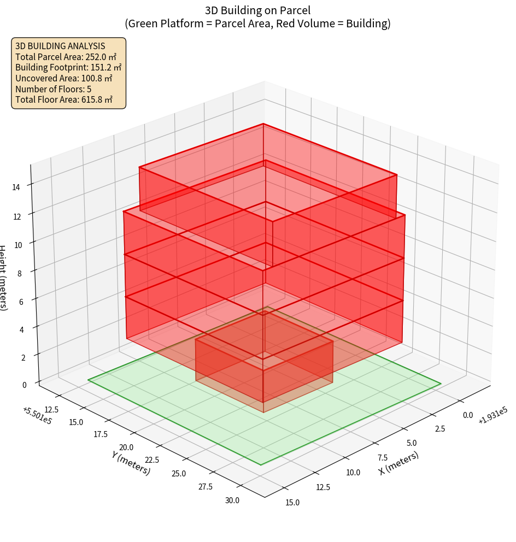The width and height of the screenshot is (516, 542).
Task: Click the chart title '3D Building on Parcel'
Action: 257,10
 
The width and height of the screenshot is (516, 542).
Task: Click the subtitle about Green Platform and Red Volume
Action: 257,23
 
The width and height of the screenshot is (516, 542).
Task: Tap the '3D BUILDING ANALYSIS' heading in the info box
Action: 60,46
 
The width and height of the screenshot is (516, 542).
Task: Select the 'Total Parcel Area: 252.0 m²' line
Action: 66,56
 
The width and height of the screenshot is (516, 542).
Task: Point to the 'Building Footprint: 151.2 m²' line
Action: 68,67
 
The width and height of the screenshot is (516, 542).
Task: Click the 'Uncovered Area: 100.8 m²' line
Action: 64,78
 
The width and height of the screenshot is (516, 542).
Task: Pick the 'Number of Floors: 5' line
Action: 53,89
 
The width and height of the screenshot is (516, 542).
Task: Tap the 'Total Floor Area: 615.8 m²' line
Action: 64,99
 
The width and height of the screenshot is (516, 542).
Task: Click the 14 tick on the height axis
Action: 16,187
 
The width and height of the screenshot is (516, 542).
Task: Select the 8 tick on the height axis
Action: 20,273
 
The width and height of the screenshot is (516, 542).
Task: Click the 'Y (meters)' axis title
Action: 131,462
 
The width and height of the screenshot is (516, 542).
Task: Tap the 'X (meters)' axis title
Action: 398,463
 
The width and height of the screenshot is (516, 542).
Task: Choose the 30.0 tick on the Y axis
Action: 231,500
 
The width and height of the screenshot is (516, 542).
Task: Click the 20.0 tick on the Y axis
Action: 127,447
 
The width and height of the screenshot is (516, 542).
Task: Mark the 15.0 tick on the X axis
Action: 292,502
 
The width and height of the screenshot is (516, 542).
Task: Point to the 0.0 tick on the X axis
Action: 468,415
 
